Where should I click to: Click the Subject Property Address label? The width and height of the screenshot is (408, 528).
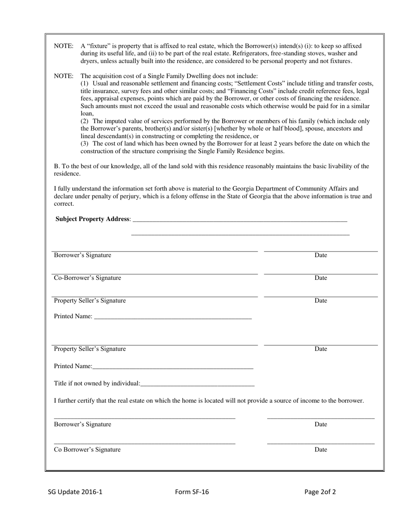92,219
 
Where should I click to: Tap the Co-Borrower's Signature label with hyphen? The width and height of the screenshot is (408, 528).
87,278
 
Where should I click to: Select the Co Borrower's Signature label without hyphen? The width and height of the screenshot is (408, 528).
87,450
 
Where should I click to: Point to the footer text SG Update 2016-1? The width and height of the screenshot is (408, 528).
75,492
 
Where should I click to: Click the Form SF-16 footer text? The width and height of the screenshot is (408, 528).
192,492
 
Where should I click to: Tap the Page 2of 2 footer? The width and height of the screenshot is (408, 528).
320,492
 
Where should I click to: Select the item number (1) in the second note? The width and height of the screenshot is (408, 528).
85,83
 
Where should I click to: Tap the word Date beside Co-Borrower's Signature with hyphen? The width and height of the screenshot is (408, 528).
321,278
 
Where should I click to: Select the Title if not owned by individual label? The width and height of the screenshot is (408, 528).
97,383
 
